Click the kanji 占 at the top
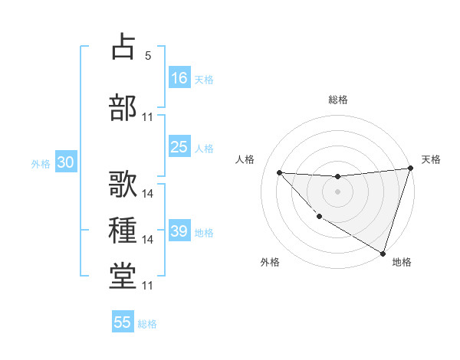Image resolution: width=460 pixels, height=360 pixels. pos(123,47)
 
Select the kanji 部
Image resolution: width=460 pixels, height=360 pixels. pos(123,107)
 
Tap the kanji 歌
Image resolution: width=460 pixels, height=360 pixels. pos(123,184)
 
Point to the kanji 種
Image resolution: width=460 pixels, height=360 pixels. pos(123,231)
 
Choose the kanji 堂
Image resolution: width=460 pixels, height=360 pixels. pos(123,276)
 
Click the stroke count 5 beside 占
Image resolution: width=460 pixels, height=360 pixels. pos(147,56)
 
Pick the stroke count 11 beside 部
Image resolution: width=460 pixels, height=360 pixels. pos(148,117)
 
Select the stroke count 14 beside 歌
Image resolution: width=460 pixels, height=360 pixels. pos(148,194)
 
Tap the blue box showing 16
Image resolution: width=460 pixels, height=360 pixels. pos(179,77)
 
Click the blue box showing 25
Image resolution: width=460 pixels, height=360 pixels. pos(179,147)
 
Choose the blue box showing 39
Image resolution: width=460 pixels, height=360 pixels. pos(179,231)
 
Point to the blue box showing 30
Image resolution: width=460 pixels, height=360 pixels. pos(65,163)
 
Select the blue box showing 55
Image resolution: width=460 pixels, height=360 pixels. pos(123,322)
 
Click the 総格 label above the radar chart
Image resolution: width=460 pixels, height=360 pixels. pos(338,100)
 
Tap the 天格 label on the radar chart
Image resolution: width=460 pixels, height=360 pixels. pos(431,159)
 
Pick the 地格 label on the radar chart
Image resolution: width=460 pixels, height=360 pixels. pos(402,262)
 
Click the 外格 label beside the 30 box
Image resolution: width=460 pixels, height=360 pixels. pos(41,164)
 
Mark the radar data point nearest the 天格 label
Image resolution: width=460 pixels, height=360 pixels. pos(410,169)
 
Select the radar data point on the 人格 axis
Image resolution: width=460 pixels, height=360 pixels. pos(280,172)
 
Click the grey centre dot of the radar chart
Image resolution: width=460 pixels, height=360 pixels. pos(337,191)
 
